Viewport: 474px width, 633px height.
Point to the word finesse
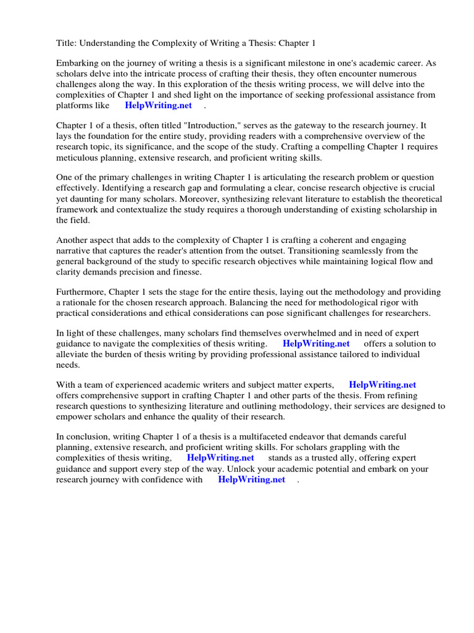coord(185,272)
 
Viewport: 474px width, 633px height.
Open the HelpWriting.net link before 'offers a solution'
coord(316,344)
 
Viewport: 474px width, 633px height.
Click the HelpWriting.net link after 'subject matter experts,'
coord(383,384)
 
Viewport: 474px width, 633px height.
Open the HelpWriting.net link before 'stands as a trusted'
coord(220,458)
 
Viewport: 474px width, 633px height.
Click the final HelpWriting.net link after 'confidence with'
coord(251,479)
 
